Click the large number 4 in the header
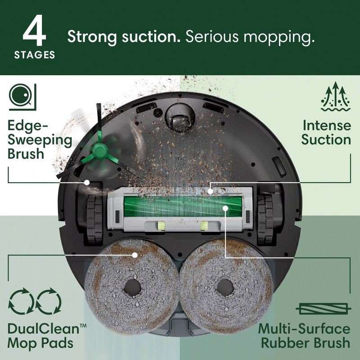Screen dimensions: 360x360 [34, 33]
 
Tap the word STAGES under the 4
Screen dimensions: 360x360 [35, 55]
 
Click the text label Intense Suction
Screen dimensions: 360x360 [326, 132]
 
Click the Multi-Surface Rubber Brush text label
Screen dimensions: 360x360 [304, 335]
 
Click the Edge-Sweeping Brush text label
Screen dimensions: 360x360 [40, 139]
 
